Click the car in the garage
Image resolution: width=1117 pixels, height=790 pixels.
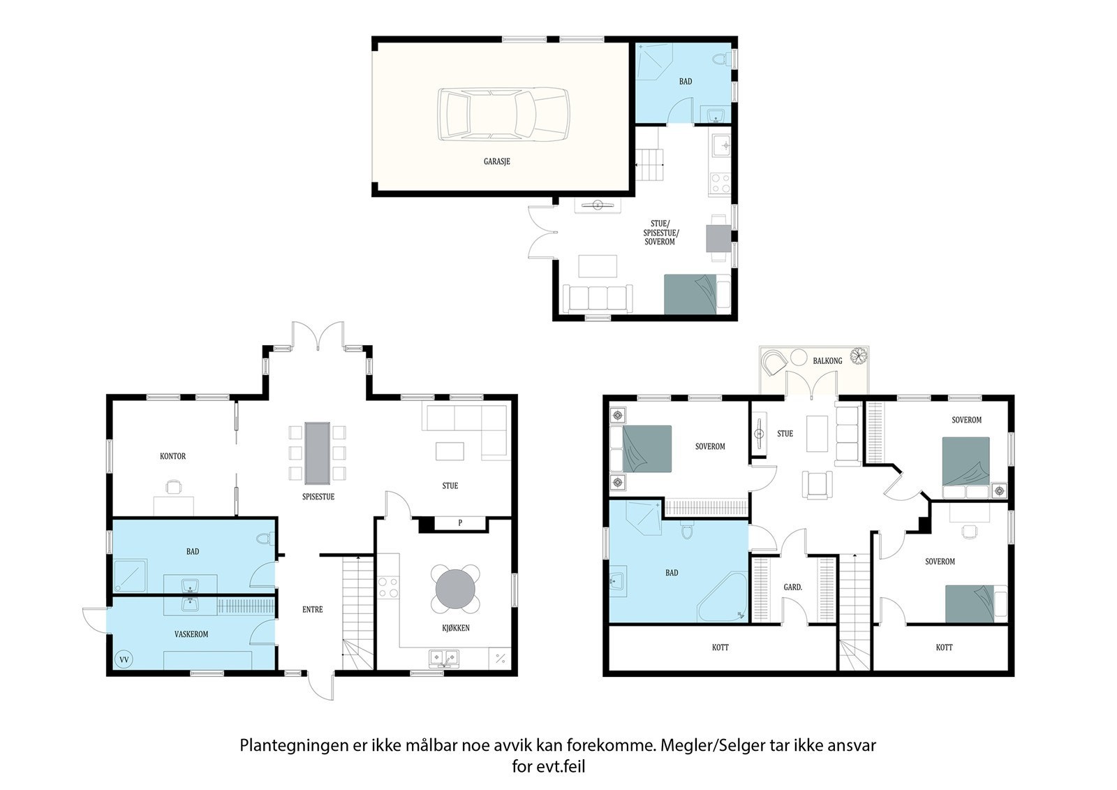click(503, 115)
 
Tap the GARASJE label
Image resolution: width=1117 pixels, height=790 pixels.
click(496, 161)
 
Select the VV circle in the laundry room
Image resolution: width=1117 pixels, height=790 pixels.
click(124, 659)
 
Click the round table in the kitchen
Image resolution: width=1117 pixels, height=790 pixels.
click(455, 589)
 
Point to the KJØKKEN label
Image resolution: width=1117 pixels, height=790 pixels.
click(456, 628)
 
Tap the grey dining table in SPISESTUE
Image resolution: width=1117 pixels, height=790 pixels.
click(317, 453)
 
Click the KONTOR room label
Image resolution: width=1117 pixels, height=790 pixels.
click(172, 456)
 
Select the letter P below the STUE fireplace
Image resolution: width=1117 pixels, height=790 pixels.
click(460, 523)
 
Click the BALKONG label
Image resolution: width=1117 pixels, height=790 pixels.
click(827, 361)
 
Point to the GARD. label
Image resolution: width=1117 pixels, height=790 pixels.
click(793, 587)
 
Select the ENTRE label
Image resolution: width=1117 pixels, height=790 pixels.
click(313, 609)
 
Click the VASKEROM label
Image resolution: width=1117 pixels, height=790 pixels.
click(191, 634)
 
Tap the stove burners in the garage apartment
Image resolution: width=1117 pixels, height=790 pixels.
click(720, 182)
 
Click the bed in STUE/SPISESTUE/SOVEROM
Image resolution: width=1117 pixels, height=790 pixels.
click(697, 294)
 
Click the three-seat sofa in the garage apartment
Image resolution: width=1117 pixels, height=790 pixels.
click(598, 298)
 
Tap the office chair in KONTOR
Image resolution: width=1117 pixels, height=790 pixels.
click(173, 487)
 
